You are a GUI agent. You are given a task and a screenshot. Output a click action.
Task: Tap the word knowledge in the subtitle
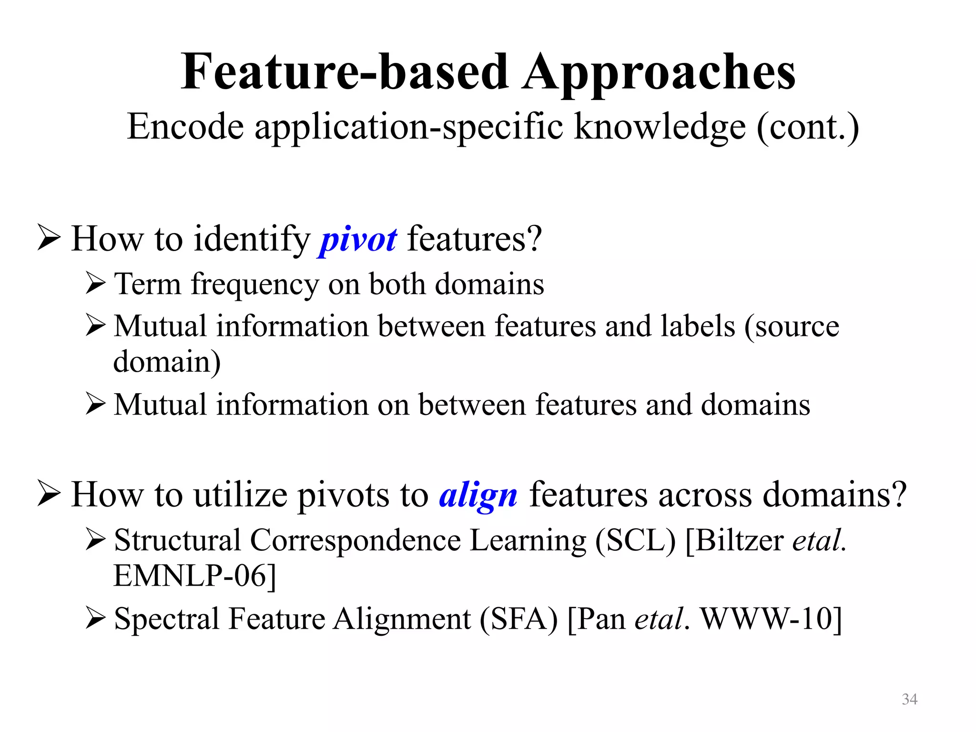(660, 127)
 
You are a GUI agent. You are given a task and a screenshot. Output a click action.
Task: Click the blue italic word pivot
(357, 239)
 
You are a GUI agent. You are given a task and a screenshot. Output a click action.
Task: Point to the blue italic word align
(478, 496)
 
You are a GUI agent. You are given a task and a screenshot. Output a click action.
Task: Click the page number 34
(909, 699)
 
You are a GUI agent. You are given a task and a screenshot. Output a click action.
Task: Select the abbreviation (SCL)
(635, 540)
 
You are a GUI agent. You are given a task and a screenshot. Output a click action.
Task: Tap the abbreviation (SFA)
(518, 619)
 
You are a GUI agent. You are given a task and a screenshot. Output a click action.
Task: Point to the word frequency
(254, 285)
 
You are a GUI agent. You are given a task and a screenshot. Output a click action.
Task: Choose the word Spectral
(166, 619)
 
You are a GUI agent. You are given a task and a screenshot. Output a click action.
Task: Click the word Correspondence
(355, 540)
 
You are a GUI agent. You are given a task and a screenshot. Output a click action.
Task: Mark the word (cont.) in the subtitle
(808, 127)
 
